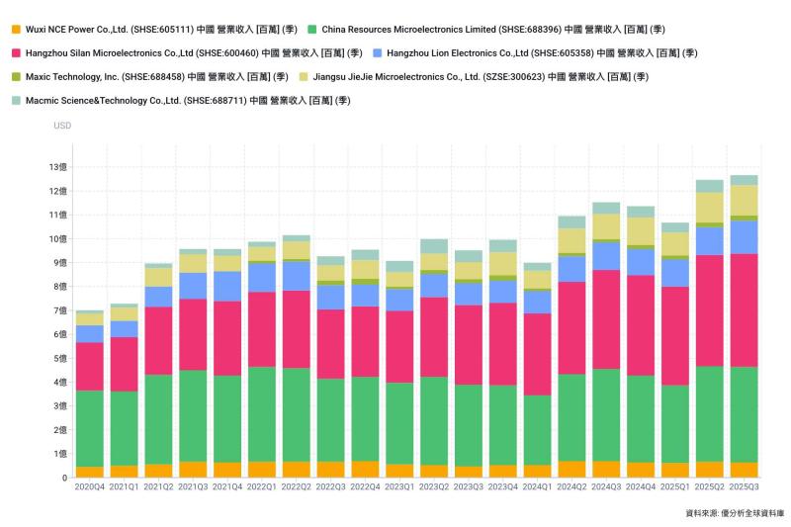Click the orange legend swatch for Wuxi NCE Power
pyautogui.click(x=16, y=29)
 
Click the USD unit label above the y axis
pyautogui.click(x=62, y=126)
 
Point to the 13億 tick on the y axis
pyautogui.click(x=58, y=167)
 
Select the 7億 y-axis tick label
pyautogui.click(x=58, y=310)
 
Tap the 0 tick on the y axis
pyautogui.click(x=64, y=478)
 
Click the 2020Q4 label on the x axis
pyautogui.click(x=90, y=488)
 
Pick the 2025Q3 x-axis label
pyautogui.click(x=744, y=488)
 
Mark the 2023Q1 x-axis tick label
pyautogui.click(x=399, y=488)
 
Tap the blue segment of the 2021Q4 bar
pyautogui.click(x=227, y=286)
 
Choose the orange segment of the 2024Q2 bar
pyautogui.click(x=571, y=469)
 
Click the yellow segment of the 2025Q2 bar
pyautogui.click(x=709, y=207)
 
